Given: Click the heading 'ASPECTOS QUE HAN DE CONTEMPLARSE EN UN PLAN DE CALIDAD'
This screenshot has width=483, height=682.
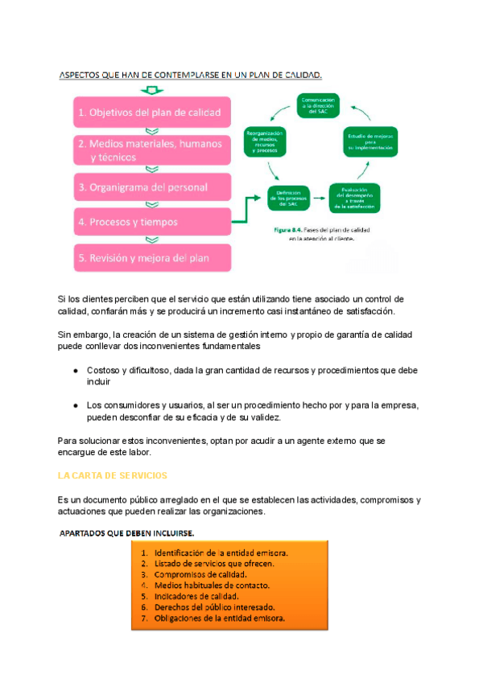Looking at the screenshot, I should pos(191,76).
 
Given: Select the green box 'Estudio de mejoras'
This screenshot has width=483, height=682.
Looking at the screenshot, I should pos(370,142).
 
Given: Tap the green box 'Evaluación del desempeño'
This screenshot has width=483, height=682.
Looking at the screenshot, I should pos(354,197).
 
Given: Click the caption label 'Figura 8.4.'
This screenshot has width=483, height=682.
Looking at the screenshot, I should pos(288,229).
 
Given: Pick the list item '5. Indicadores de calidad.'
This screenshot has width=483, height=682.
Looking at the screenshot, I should pos(196,597).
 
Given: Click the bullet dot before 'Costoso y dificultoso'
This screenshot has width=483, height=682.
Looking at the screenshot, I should pos(75,371).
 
